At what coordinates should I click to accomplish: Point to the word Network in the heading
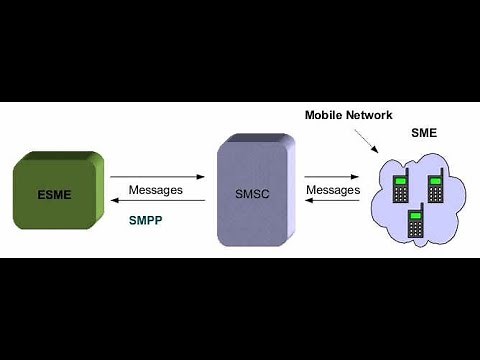(371, 115)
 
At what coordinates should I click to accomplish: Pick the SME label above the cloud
(423, 135)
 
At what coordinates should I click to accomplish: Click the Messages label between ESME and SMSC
(155, 189)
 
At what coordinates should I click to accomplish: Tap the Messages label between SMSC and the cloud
(332, 189)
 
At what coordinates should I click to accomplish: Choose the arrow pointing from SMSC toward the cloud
(332, 176)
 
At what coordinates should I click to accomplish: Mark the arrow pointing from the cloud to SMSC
(332, 200)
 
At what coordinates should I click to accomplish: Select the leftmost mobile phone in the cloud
(400, 187)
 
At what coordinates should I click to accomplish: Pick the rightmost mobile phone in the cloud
(437, 187)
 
